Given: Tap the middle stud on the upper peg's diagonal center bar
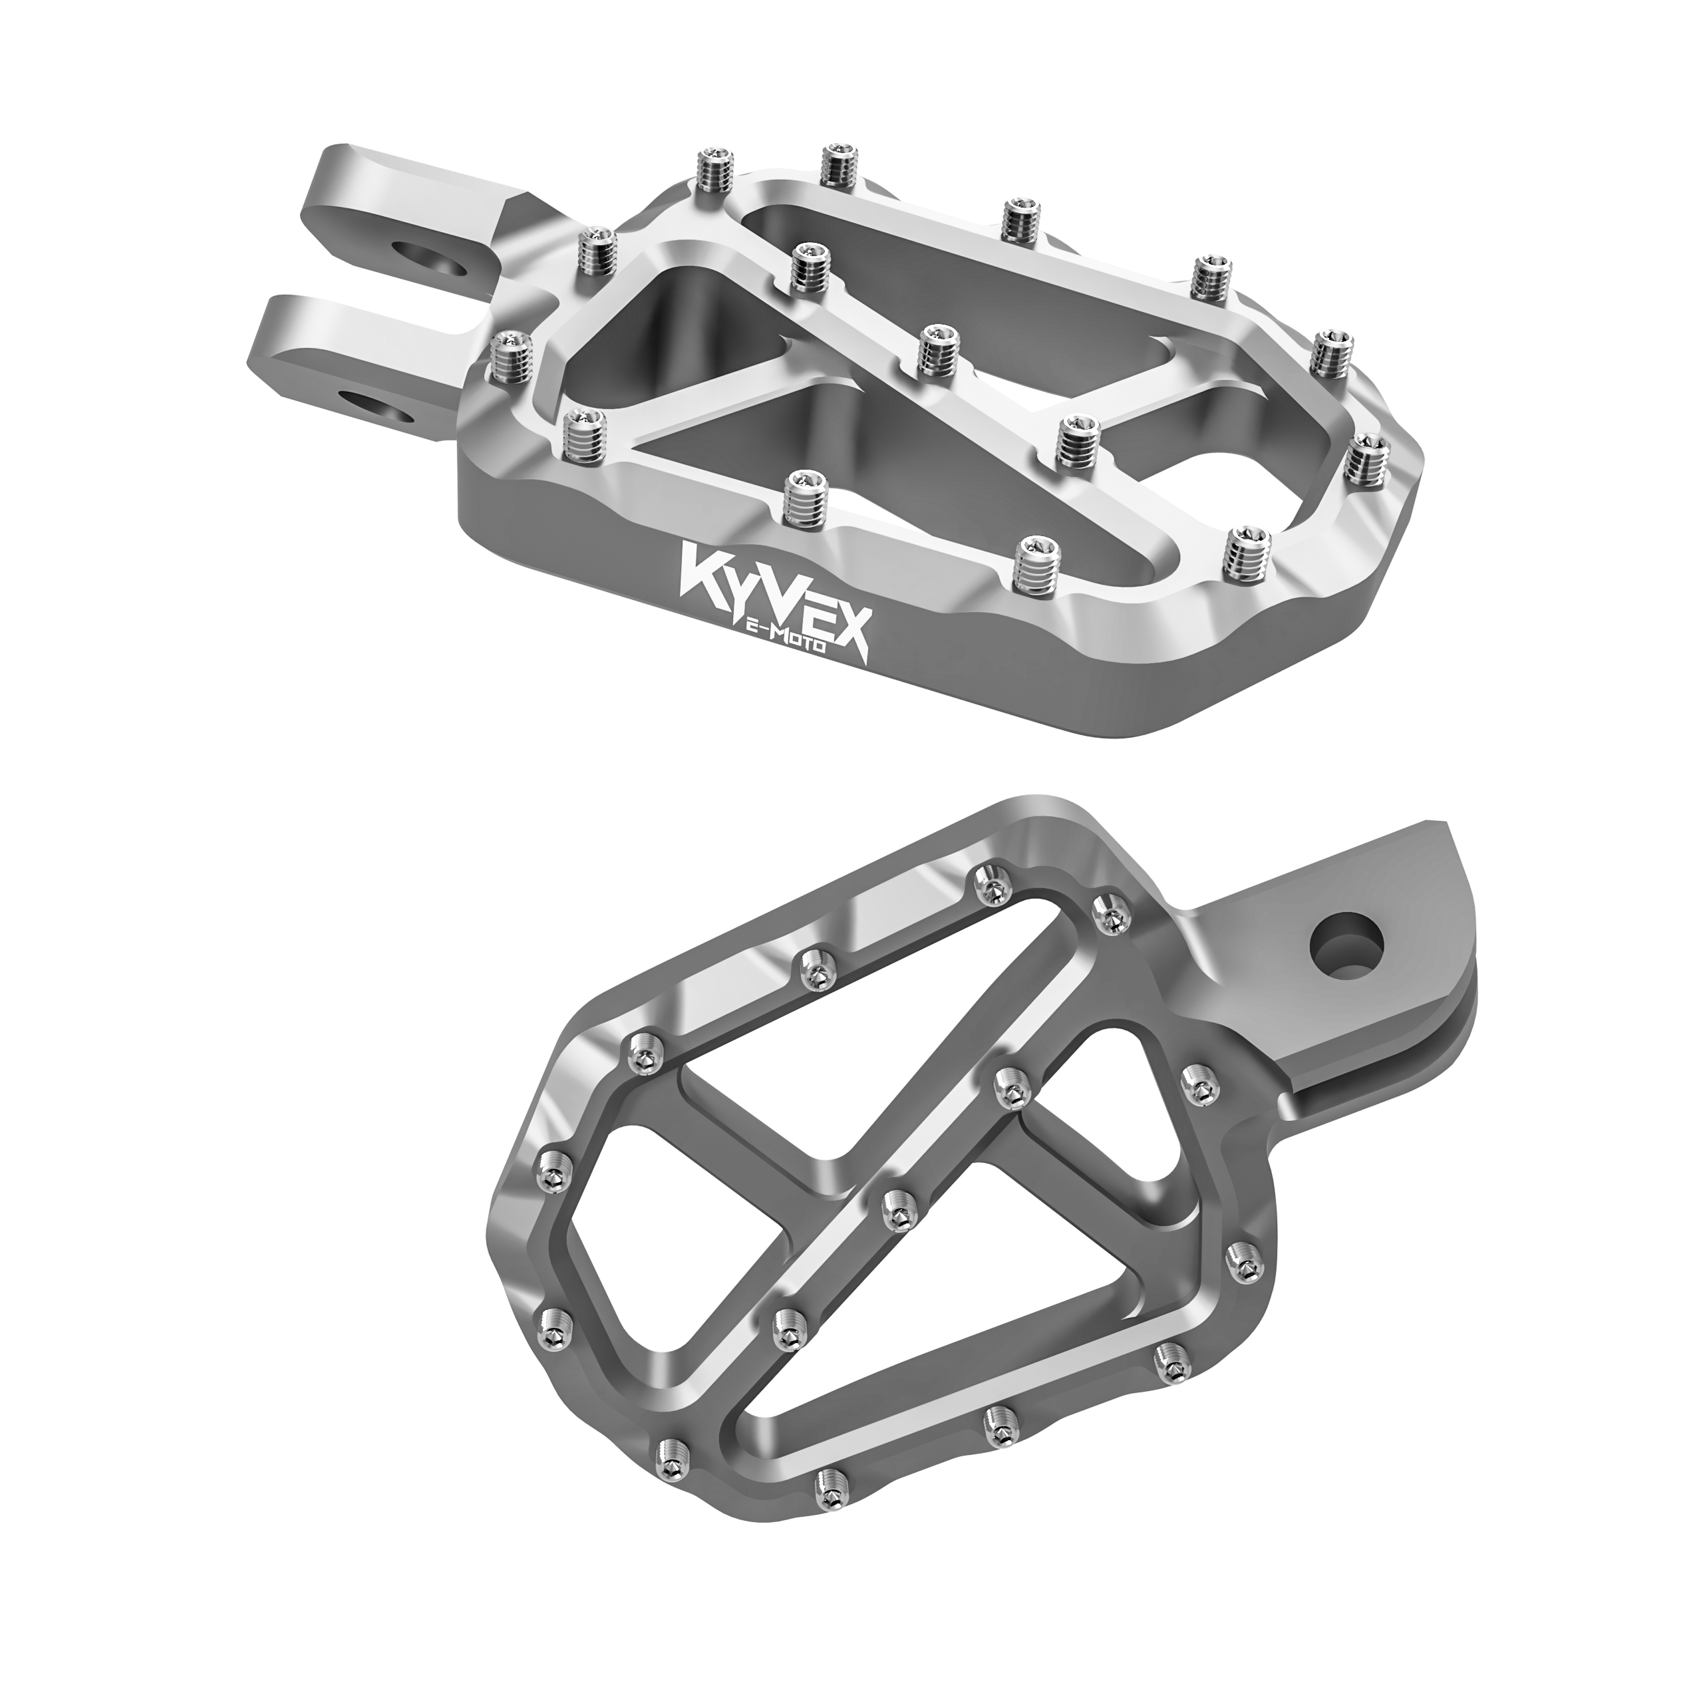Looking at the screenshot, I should (x=937, y=350).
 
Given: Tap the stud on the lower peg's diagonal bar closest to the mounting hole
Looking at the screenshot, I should (x=1008, y=1090).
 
